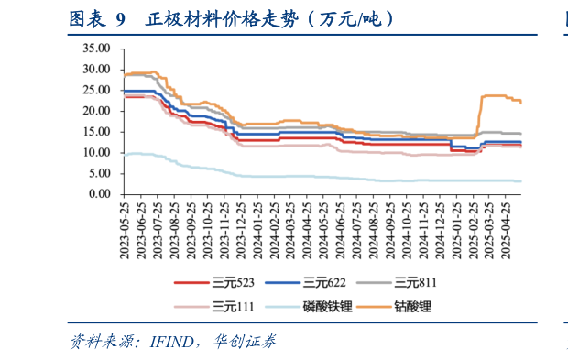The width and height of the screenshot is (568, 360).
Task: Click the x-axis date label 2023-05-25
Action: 126,226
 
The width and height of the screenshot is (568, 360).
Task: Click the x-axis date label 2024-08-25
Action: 374,226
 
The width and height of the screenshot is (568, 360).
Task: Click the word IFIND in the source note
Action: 169,343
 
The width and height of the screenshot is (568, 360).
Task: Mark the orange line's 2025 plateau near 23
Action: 499,96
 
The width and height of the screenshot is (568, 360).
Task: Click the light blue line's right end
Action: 521,180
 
